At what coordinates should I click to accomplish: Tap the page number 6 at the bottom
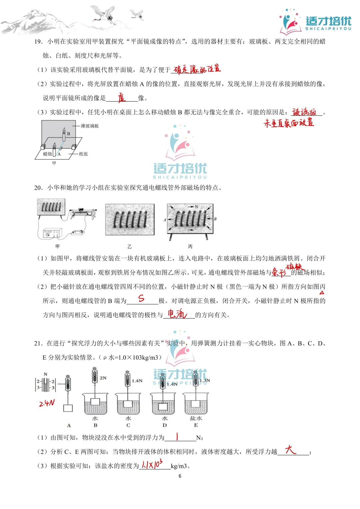tap(180, 476)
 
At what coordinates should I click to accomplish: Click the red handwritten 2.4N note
tap(47, 403)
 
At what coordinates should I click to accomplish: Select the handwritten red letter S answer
tap(141, 298)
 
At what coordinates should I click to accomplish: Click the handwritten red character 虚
tap(122, 97)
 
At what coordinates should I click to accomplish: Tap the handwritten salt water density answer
tap(152, 464)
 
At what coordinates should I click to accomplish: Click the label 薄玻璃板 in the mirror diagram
tap(90, 126)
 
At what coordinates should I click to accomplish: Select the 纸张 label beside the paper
tap(83, 154)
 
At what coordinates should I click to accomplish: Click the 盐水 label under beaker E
tap(196, 418)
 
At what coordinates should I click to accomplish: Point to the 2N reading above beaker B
tap(103, 378)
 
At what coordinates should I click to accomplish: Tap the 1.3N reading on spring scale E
tap(205, 380)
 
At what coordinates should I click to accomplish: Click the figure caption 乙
tap(129, 247)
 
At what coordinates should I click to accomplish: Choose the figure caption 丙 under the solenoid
tap(190, 247)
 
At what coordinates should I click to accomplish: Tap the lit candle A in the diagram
tap(54, 150)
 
